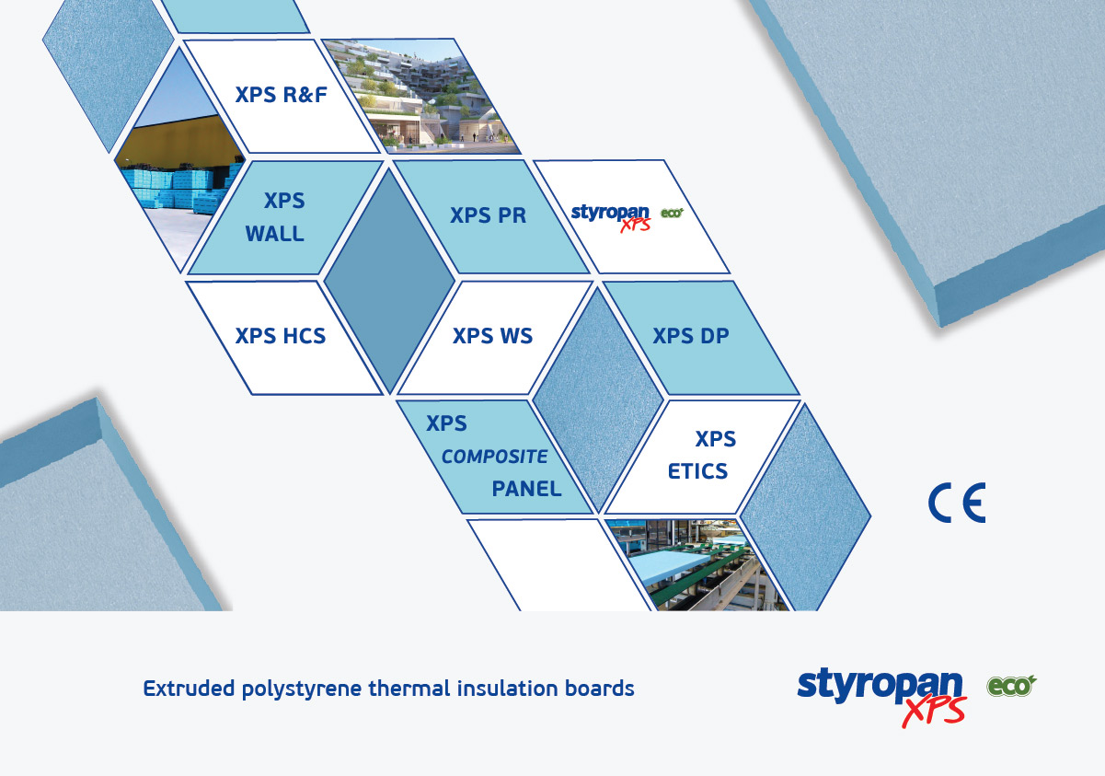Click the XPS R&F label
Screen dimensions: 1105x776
click(x=281, y=95)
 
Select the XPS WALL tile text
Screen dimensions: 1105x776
click(x=276, y=217)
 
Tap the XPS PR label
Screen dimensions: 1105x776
click(x=488, y=215)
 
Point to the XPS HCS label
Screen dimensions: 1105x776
click(x=281, y=336)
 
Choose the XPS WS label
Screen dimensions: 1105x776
click(x=493, y=336)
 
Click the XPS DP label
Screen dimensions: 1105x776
click(x=691, y=336)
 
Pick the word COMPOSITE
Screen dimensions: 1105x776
click(x=494, y=457)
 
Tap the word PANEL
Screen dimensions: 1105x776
click(x=526, y=489)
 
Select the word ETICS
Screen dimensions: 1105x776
click(x=697, y=471)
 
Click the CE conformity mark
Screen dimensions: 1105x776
click(x=957, y=503)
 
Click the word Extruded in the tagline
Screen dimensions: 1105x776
click(x=189, y=689)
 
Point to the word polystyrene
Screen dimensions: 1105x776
click(x=302, y=690)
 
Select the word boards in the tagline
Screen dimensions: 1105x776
click(x=599, y=689)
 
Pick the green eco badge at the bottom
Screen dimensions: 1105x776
click(x=1011, y=686)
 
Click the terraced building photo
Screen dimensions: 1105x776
click(x=420, y=97)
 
